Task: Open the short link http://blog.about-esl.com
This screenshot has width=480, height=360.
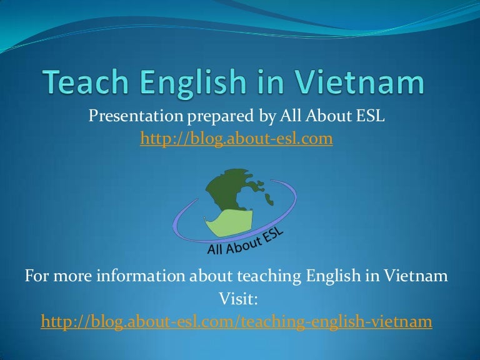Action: tap(236, 139)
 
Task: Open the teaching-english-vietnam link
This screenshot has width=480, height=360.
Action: tap(236, 321)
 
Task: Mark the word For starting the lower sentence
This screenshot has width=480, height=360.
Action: tap(36, 276)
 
